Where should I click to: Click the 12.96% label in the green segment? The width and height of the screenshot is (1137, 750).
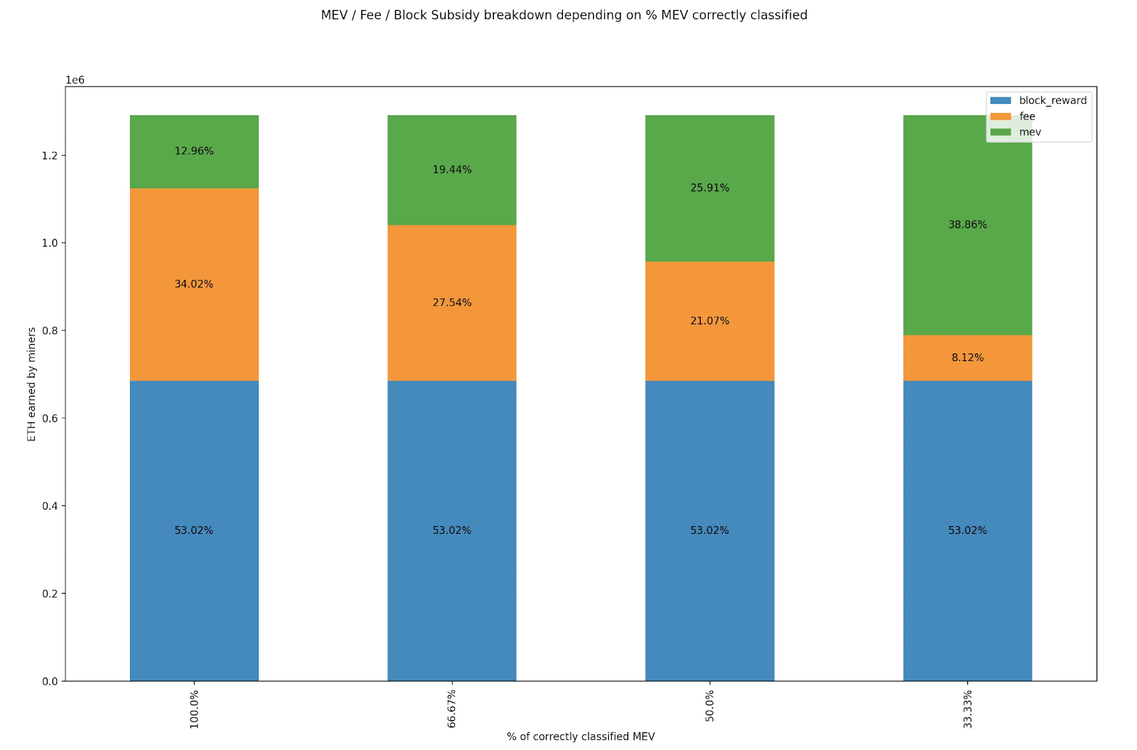point(194,151)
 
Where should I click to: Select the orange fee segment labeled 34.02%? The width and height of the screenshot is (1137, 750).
point(194,284)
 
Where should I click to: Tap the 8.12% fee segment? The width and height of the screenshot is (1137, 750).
point(967,358)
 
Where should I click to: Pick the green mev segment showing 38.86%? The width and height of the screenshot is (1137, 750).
point(967,225)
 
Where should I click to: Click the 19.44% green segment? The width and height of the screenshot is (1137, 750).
point(452,170)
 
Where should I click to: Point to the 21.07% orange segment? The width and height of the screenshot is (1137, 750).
point(710,321)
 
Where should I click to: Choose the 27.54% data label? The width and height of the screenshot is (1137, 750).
point(452,303)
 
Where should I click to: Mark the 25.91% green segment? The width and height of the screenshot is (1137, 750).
point(710,188)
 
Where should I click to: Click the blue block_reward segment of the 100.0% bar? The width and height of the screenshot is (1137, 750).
point(194,530)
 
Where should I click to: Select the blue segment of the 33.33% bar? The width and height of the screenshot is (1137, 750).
point(967,530)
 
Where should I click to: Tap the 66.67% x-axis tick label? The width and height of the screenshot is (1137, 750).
point(452,709)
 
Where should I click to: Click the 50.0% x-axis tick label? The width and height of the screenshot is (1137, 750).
point(710,706)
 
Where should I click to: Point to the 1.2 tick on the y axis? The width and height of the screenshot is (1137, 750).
point(50,156)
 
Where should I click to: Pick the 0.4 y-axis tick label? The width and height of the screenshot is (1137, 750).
point(50,506)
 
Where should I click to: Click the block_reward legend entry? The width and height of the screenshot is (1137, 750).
point(1038,100)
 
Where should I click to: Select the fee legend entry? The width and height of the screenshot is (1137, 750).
point(1013,117)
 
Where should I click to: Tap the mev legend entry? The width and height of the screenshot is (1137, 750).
point(1015,132)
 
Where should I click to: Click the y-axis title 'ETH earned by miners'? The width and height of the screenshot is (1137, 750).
point(31,385)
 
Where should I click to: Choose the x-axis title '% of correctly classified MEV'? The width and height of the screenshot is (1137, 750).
point(581,736)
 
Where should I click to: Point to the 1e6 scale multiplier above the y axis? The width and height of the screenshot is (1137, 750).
point(75,80)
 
